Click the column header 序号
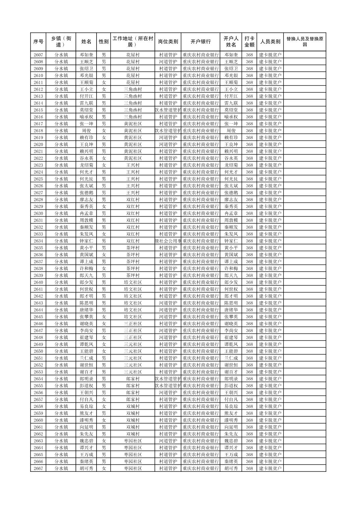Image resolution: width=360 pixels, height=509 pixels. tap(38, 42)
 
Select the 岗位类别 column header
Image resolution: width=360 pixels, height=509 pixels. tap(168, 42)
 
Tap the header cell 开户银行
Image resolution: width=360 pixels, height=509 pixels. tap(200, 42)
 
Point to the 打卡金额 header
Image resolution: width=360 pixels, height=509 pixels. tap(249, 42)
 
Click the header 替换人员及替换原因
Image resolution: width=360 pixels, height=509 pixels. tap(304, 42)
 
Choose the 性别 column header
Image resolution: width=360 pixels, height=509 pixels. tap(104, 42)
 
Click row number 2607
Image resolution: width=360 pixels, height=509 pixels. tap(38, 55)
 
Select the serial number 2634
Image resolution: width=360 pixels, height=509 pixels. tap(38, 241)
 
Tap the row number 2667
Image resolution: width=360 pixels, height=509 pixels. tap(38, 468)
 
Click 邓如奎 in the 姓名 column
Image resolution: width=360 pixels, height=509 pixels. tap(86, 55)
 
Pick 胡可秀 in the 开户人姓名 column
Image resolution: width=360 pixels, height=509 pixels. tap(231, 468)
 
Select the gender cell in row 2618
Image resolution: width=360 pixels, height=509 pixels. tap(104, 131)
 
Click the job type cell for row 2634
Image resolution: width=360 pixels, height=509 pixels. tap(168, 241)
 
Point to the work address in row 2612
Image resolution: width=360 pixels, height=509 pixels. tap(133, 89)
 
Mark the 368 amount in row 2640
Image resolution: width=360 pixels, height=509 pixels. tap(249, 282)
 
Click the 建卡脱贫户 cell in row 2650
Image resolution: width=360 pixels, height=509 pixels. tap(270, 351)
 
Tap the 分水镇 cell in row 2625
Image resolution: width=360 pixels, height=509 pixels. tap(61, 179)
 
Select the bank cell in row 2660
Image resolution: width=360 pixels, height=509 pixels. tap(200, 420)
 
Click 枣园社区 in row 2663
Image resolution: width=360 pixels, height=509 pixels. tap(133, 441)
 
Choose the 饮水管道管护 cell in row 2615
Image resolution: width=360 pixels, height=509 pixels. tap(168, 110)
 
